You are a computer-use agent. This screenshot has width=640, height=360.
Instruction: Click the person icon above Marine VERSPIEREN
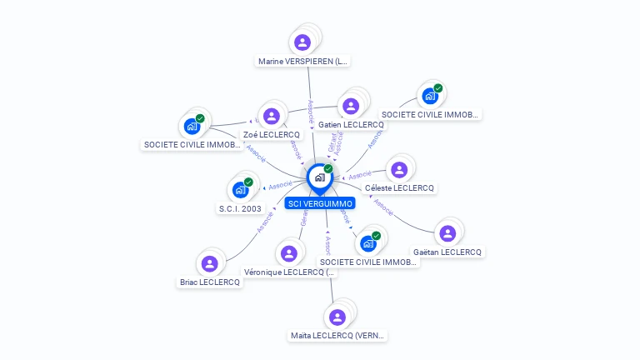[x=302, y=42]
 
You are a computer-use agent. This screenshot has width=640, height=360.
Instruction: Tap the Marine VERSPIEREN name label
[x=303, y=61]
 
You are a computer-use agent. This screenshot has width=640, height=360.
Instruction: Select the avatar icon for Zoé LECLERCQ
[x=271, y=116]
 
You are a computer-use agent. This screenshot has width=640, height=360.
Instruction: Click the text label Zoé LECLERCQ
[x=271, y=134]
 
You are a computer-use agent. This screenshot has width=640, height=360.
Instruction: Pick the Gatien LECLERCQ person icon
[x=351, y=106]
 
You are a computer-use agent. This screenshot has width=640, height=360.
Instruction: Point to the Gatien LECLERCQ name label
[x=351, y=124]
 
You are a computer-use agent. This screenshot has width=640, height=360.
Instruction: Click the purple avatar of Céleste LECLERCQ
[x=399, y=169]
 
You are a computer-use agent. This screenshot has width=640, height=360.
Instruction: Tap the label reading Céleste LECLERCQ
[x=400, y=188]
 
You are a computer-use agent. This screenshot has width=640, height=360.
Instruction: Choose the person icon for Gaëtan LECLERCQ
[x=447, y=233]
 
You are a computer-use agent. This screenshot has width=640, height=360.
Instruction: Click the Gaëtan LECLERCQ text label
[x=447, y=252]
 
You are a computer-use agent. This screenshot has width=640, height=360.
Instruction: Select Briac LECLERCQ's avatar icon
[x=209, y=263]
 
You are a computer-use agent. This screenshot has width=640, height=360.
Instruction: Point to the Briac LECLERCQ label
[x=210, y=282]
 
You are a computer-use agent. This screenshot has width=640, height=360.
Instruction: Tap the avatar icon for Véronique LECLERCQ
[x=289, y=253]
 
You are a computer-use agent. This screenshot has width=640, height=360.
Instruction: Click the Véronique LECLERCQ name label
[x=289, y=272]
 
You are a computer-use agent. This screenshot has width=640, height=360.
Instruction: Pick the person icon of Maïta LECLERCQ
[x=337, y=317]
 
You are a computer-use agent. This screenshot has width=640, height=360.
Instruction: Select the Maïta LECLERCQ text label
[x=337, y=336]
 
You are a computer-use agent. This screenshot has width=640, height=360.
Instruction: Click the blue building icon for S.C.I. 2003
[x=240, y=189]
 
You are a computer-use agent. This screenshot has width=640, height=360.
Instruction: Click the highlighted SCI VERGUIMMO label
[x=320, y=203]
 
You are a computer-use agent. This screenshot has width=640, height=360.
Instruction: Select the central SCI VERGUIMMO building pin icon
[x=319, y=177]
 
